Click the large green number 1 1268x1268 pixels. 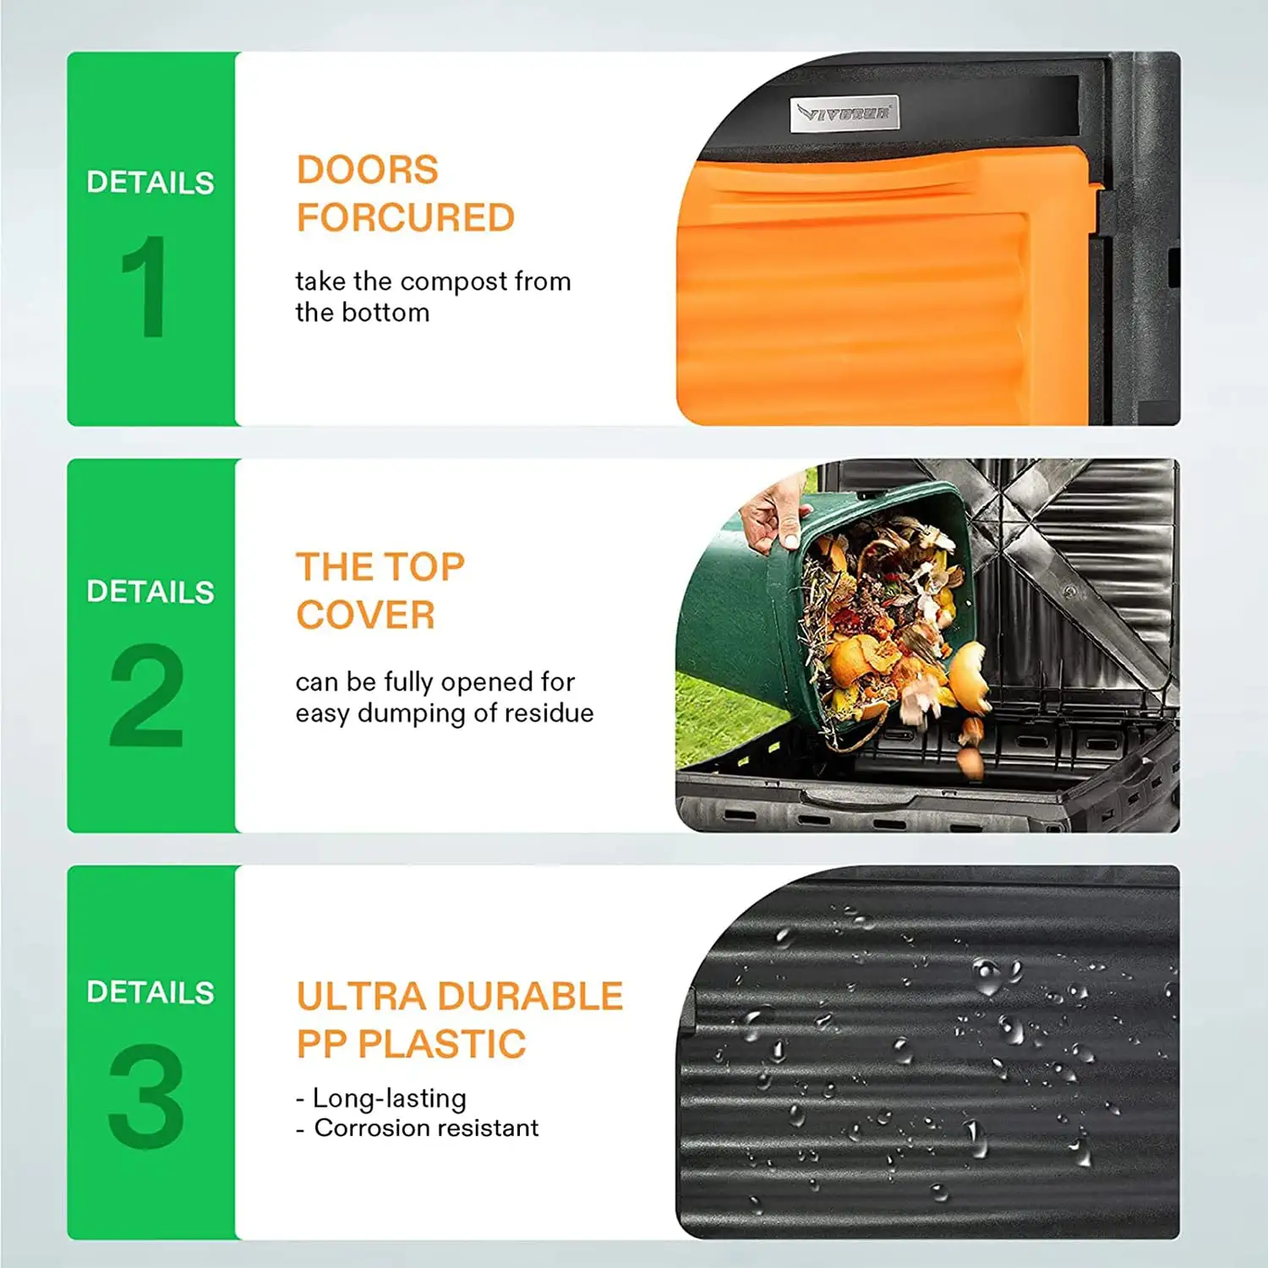(145, 287)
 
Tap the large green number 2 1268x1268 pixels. (146, 695)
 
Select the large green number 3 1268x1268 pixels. (146, 1096)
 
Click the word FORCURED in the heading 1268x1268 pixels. (405, 218)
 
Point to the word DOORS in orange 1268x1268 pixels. (367, 170)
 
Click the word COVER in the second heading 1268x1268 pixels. (365, 615)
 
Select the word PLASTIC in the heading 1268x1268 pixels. (441, 1045)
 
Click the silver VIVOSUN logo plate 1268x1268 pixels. (844, 113)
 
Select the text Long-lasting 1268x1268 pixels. (389, 1098)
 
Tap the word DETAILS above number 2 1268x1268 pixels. (150, 592)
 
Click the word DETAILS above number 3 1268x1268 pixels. (150, 992)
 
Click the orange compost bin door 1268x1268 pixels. (871, 296)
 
